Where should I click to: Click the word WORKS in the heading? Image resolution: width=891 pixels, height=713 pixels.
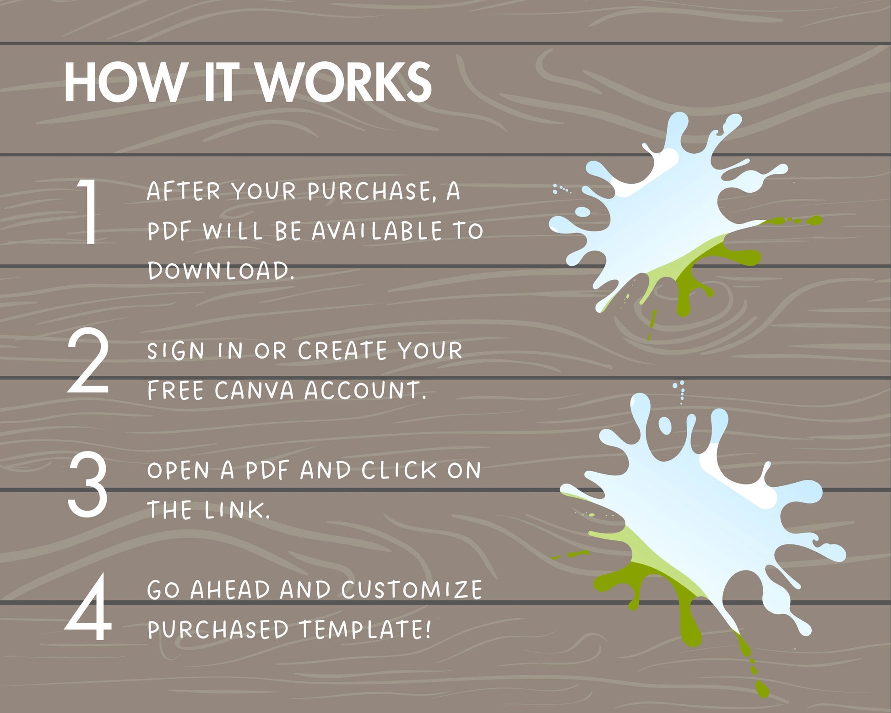(x=344, y=82)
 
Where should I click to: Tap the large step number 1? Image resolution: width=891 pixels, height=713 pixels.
(x=88, y=211)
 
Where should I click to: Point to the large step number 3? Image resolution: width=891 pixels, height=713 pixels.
(x=87, y=484)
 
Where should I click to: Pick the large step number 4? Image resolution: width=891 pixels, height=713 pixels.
(x=88, y=607)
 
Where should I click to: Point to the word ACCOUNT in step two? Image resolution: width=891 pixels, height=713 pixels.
(x=365, y=391)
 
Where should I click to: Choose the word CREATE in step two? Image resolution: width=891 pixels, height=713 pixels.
(x=342, y=351)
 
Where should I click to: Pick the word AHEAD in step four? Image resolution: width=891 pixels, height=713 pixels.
(x=230, y=590)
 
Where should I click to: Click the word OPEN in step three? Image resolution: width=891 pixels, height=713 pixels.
(x=178, y=470)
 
